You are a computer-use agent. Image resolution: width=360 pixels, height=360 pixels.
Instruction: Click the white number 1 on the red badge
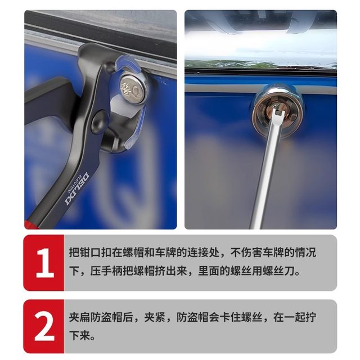(x=44, y=262)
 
